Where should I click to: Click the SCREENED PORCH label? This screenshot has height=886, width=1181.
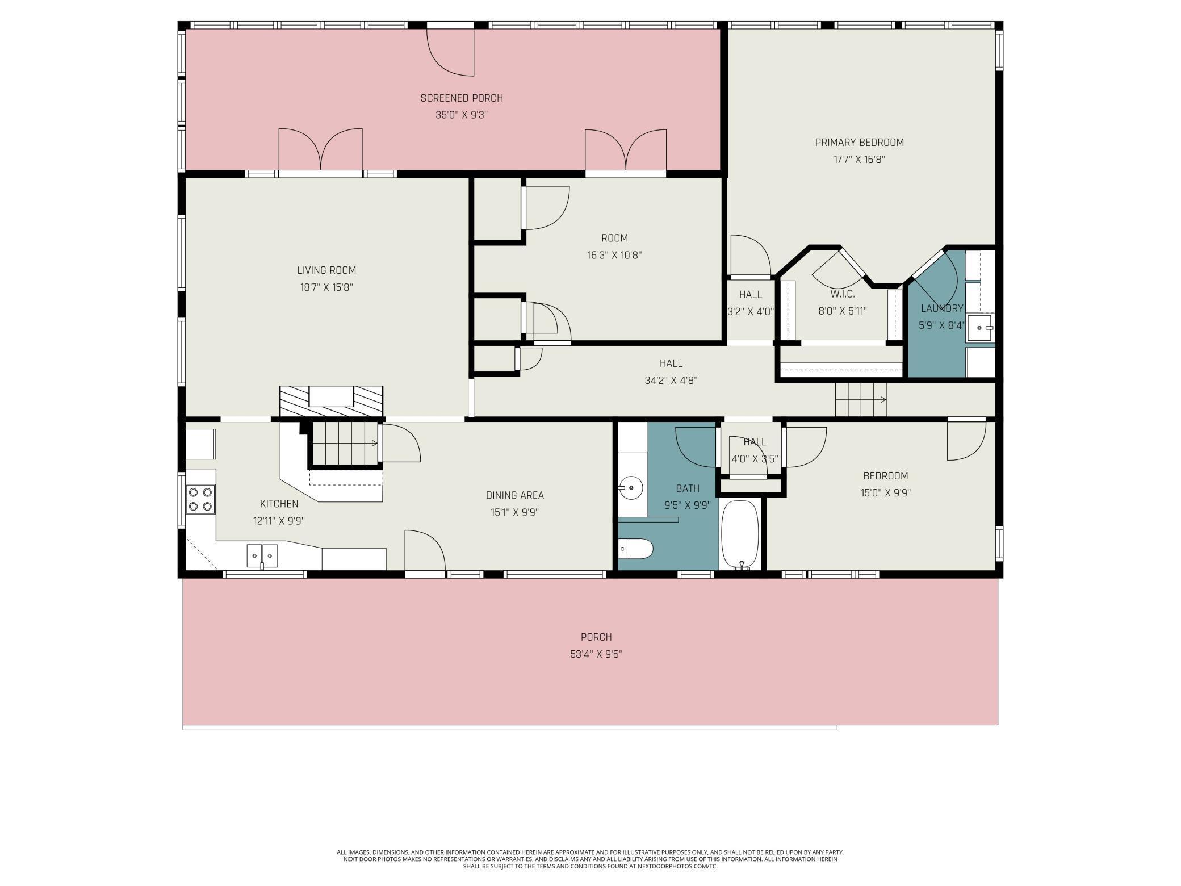462,98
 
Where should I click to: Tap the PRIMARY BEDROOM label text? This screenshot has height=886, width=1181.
859,143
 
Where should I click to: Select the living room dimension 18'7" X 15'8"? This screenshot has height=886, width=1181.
326,287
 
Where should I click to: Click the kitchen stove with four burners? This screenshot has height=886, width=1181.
201,500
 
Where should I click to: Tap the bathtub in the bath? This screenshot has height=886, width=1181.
740,534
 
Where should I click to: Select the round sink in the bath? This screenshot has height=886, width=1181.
631,487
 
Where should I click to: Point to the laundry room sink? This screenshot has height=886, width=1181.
981,328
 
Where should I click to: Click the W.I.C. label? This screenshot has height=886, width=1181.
842,294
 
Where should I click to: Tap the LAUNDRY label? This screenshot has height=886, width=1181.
942,308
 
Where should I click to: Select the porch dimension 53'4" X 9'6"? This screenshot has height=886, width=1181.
596,654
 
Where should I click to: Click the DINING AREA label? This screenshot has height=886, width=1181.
515,495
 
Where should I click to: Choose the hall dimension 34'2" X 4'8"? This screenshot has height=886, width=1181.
671,381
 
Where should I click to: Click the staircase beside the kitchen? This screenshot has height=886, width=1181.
344,443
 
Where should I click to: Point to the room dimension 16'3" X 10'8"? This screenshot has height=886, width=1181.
614,255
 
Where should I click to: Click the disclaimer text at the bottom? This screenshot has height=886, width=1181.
590,859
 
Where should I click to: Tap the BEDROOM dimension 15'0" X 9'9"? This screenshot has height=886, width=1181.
885,493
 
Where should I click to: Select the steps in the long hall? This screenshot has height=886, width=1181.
860,399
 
